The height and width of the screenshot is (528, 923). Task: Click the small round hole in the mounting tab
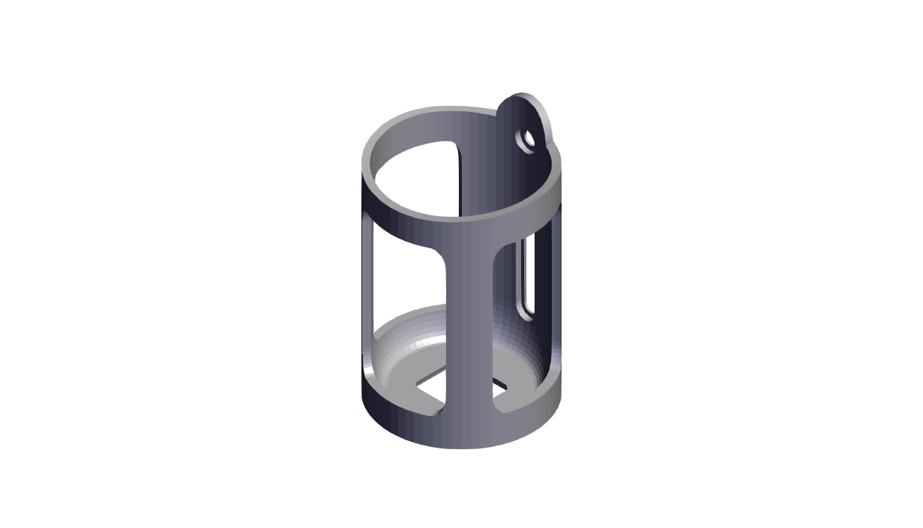click(528, 139)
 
